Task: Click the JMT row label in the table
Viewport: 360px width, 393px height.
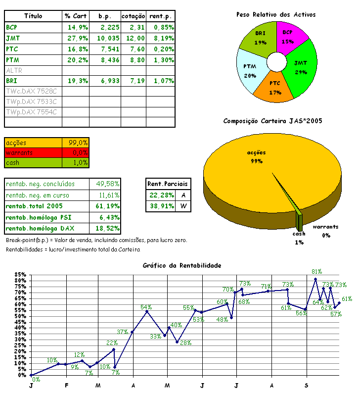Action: (10, 38)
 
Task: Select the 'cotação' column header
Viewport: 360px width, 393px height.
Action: (133, 16)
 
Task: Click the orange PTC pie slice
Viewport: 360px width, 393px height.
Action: (276, 87)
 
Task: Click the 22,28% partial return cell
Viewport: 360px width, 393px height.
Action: (161, 195)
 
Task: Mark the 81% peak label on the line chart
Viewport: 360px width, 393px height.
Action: (317, 272)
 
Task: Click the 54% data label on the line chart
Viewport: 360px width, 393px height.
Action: (146, 307)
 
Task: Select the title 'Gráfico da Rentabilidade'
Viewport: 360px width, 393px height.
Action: (181, 266)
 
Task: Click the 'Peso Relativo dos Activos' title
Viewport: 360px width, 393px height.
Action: (275, 15)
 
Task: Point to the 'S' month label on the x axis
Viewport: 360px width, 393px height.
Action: (307, 385)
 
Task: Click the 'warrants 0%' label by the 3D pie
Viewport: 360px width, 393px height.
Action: (326, 231)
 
